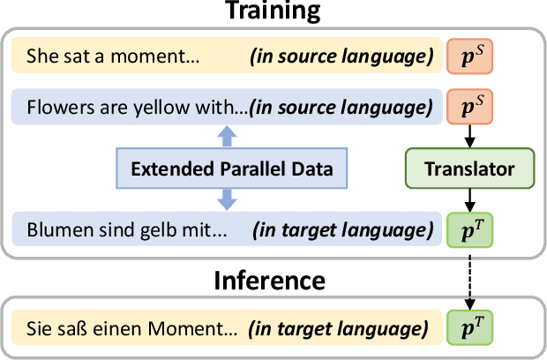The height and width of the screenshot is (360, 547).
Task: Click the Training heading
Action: point(273,11)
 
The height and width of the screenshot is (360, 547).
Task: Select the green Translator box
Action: point(471,168)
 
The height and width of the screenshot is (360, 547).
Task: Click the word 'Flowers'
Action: point(54,110)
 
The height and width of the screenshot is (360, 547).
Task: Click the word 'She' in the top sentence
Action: point(41,56)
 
